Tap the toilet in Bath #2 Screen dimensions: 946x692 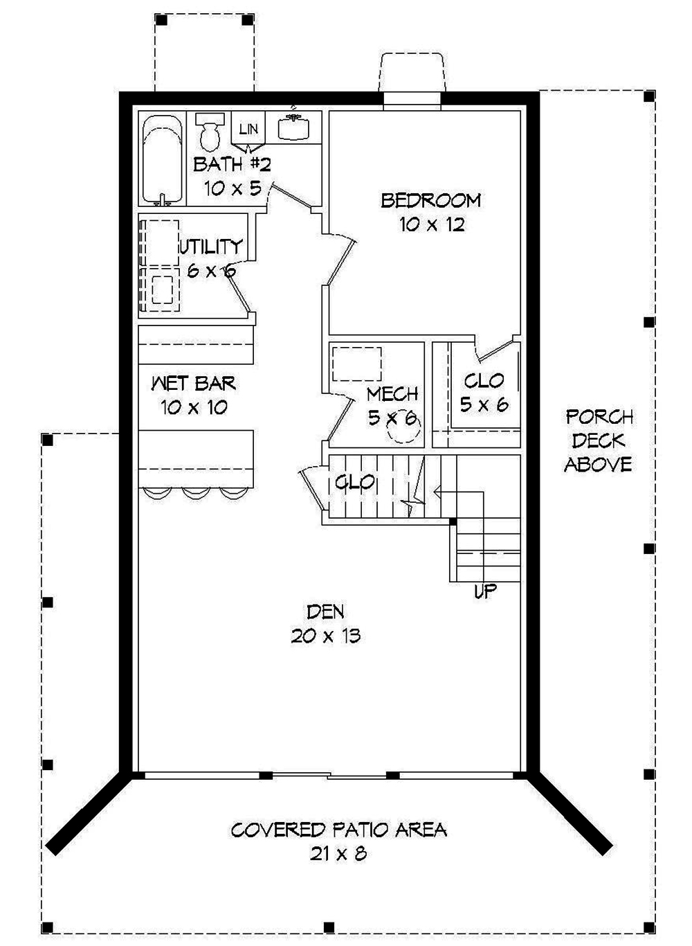(208, 130)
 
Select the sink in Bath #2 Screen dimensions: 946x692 (293, 127)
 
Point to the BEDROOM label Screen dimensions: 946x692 (431, 201)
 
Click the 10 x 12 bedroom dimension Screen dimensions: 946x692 (431, 225)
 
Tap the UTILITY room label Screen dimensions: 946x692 (211, 247)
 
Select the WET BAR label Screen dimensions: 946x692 (194, 383)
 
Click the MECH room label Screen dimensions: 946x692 (392, 394)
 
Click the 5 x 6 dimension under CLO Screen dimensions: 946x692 (484, 405)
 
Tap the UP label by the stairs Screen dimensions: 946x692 (486, 592)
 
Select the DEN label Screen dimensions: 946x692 (325, 612)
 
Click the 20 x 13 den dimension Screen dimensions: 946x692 (325, 636)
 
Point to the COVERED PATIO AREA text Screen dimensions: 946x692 (338, 830)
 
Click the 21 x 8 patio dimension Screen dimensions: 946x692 (338, 855)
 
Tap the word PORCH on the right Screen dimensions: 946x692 (599, 417)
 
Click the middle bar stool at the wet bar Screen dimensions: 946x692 (197, 492)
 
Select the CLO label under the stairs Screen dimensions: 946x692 (355, 482)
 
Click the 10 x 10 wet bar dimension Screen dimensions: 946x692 (194, 407)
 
